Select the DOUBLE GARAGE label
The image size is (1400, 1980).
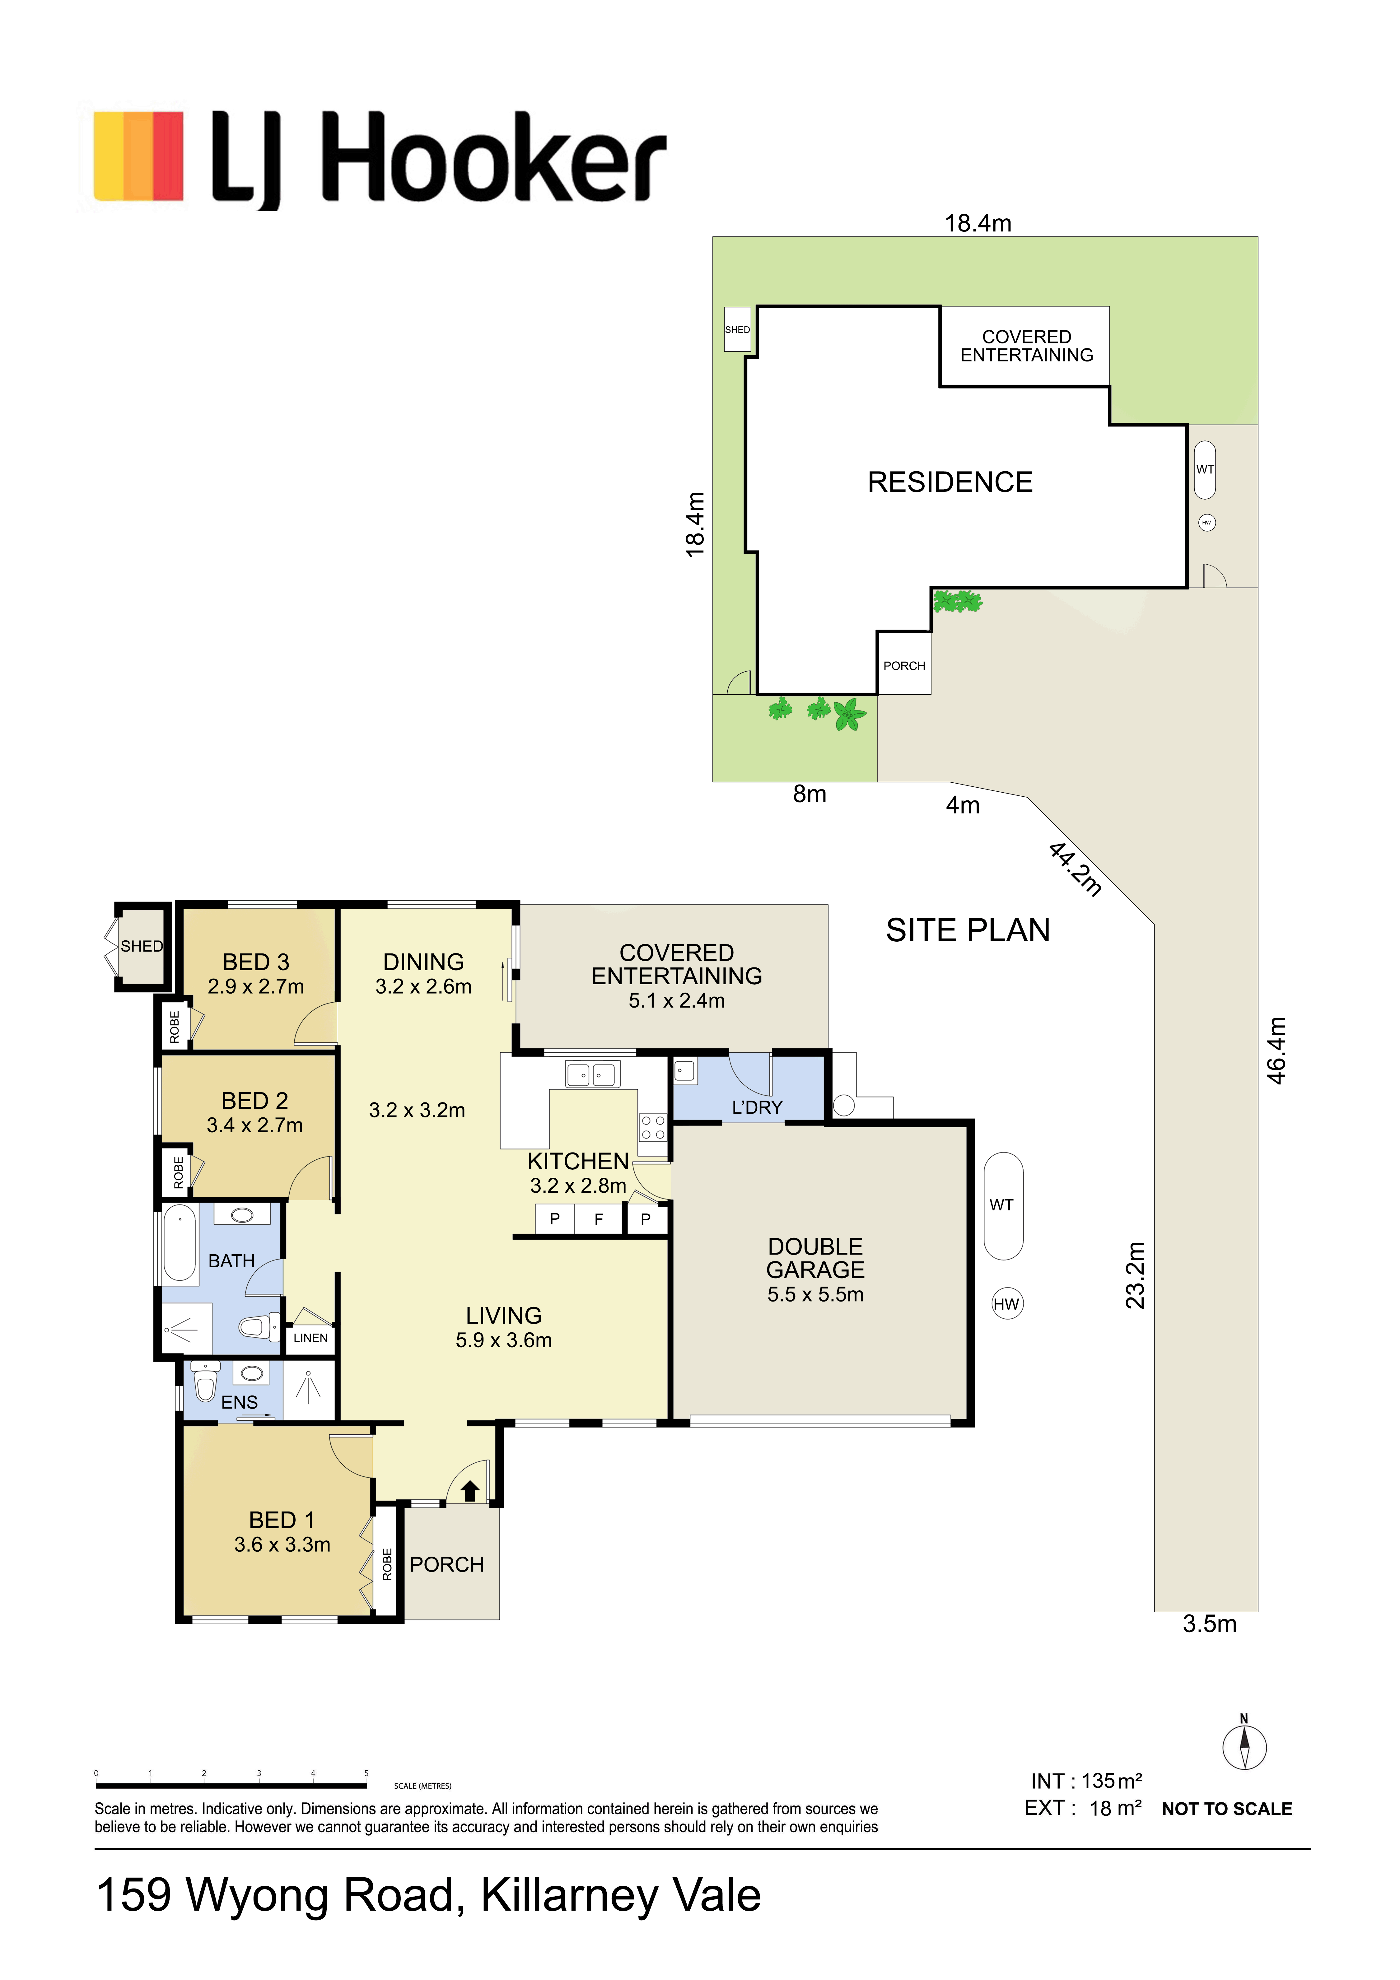click(815, 1258)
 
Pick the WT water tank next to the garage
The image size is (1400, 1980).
click(1003, 1206)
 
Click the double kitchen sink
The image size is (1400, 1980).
click(592, 1074)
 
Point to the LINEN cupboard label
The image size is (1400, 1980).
click(310, 1338)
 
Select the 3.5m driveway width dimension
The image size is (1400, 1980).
click(1209, 1624)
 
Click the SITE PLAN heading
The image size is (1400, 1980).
click(968, 930)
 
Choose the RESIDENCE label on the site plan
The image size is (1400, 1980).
click(950, 482)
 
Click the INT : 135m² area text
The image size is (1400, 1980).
click(1086, 1781)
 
